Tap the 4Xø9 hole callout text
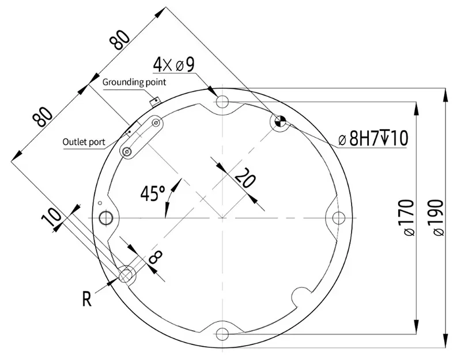[173, 65]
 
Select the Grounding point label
[134, 82]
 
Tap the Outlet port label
[84, 141]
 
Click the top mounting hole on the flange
[222, 102]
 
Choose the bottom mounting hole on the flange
[222, 332]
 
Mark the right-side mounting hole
[338, 217]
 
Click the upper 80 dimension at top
[120, 41]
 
